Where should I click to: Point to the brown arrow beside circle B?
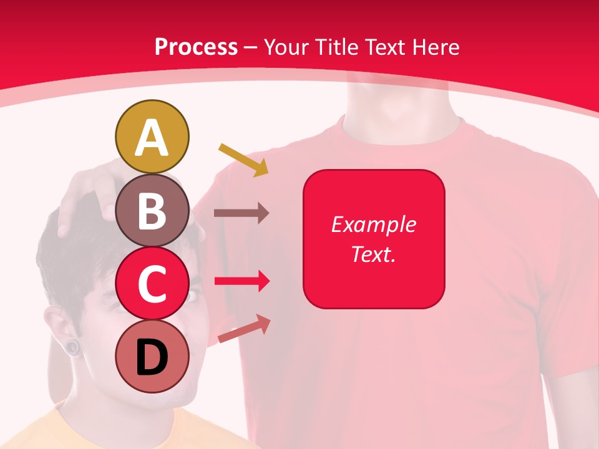tap(241, 213)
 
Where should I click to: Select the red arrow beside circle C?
tap(241, 281)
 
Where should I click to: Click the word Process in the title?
tap(196, 47)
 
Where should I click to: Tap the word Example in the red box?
tap(373, 224)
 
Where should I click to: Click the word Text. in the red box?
tap(373, 254)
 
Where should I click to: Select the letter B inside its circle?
tap(152, 211)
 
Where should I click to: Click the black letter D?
tap(152, 357)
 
